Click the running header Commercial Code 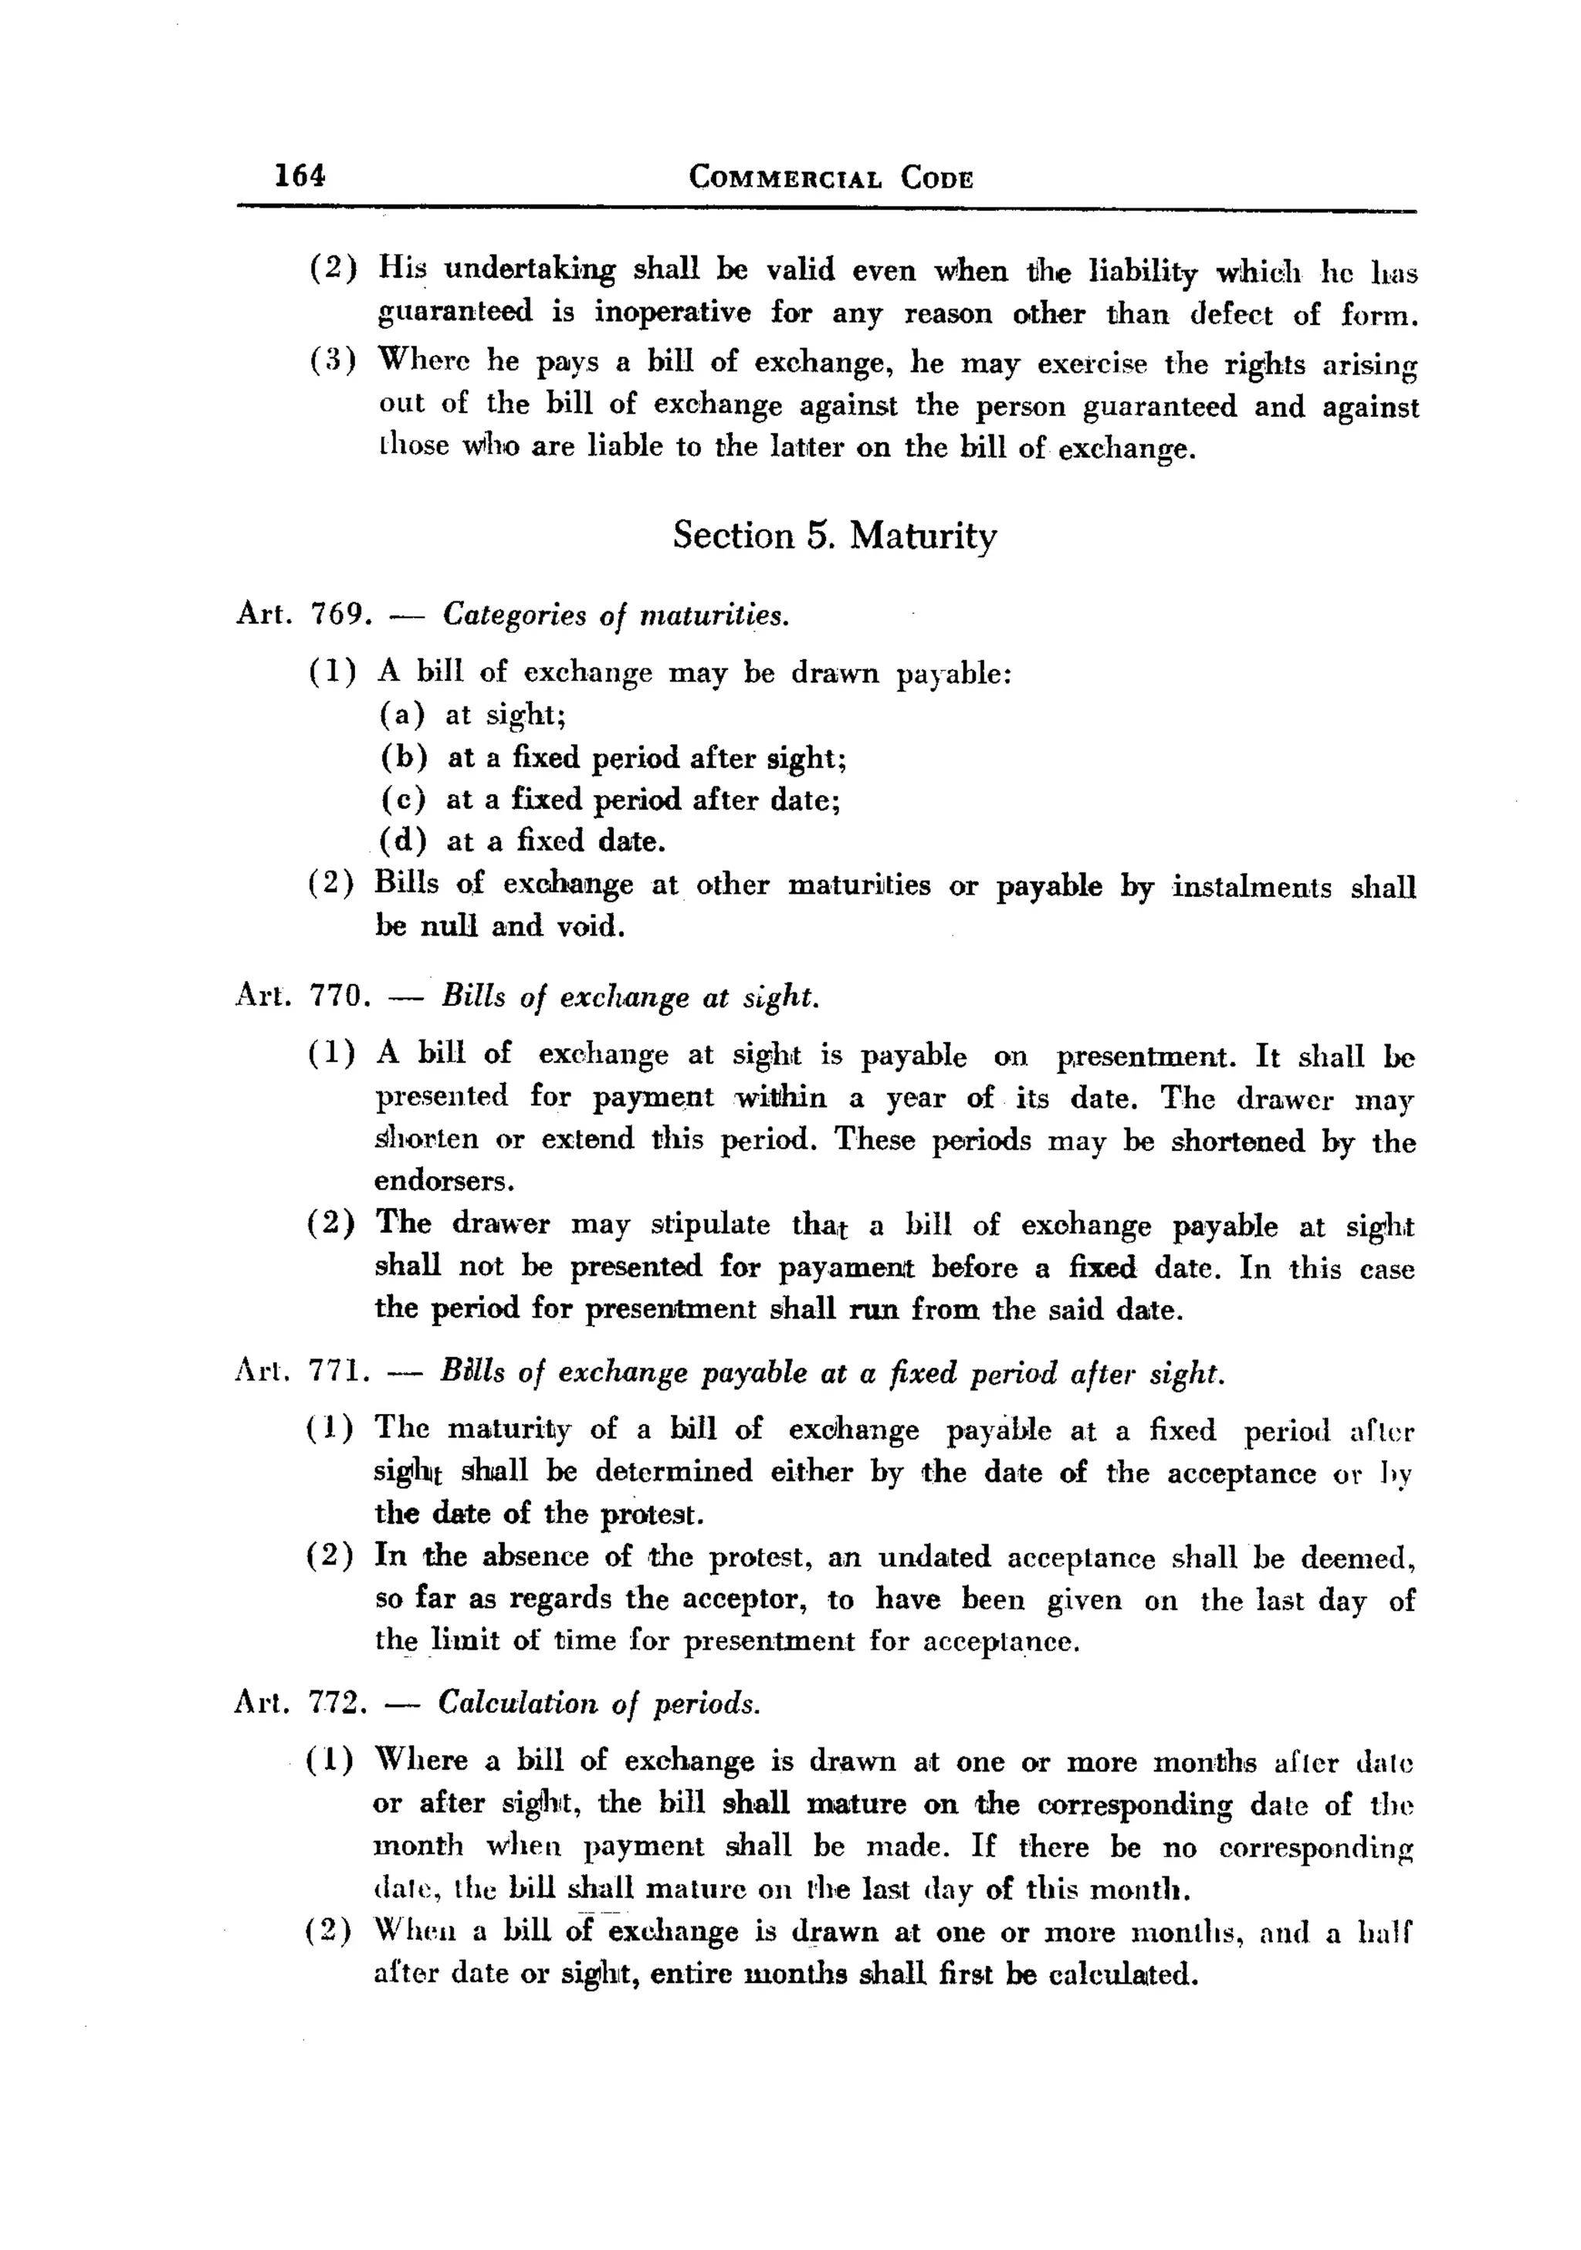point(831,178)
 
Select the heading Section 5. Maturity point(835,535)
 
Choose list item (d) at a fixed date point(523,841)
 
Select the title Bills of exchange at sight point(629,996)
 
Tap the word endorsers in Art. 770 point(443,1181)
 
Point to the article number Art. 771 point(302,1373)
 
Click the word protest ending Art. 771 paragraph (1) point(651,1514)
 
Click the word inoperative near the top point(672,313)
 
